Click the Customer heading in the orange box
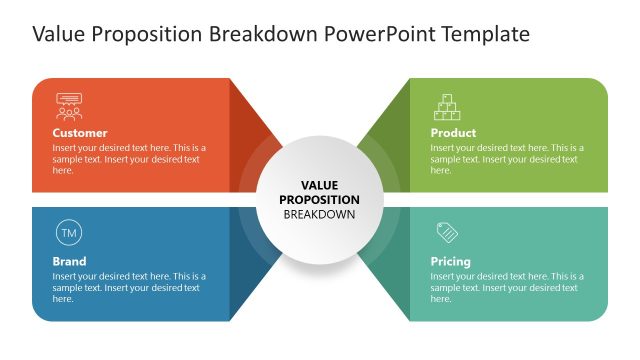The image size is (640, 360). tap(80, 133)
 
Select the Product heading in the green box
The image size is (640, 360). tap(453, 133)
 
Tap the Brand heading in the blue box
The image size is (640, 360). tap(69, 262)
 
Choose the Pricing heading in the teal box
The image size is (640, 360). tap(451, 262)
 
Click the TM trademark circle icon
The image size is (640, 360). tap(68, 234)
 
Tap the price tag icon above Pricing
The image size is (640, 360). tap(446, 233)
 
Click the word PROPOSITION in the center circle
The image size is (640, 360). tap(319, 199)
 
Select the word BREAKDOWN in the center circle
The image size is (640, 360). tap(319, 214)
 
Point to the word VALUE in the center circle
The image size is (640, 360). tap(319, 185)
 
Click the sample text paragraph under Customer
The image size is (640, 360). tap(129, 159)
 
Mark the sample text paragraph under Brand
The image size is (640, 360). tap(129, 287)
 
